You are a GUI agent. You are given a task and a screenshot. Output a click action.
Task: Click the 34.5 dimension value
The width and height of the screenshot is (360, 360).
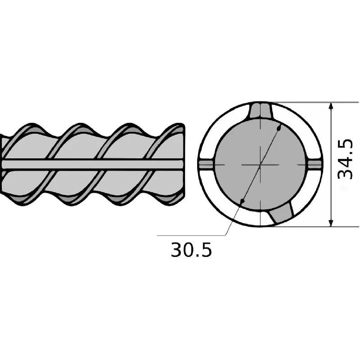345,159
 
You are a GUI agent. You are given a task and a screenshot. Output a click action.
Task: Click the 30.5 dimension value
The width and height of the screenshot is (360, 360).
191,250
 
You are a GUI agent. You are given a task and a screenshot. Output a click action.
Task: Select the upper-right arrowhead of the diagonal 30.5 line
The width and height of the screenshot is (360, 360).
279,128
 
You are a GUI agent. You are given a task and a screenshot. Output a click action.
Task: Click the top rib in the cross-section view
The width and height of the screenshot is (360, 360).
261,111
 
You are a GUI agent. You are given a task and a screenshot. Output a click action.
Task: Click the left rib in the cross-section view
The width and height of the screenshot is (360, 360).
207,165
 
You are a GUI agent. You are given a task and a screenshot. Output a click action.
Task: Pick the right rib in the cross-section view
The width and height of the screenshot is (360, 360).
314,165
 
